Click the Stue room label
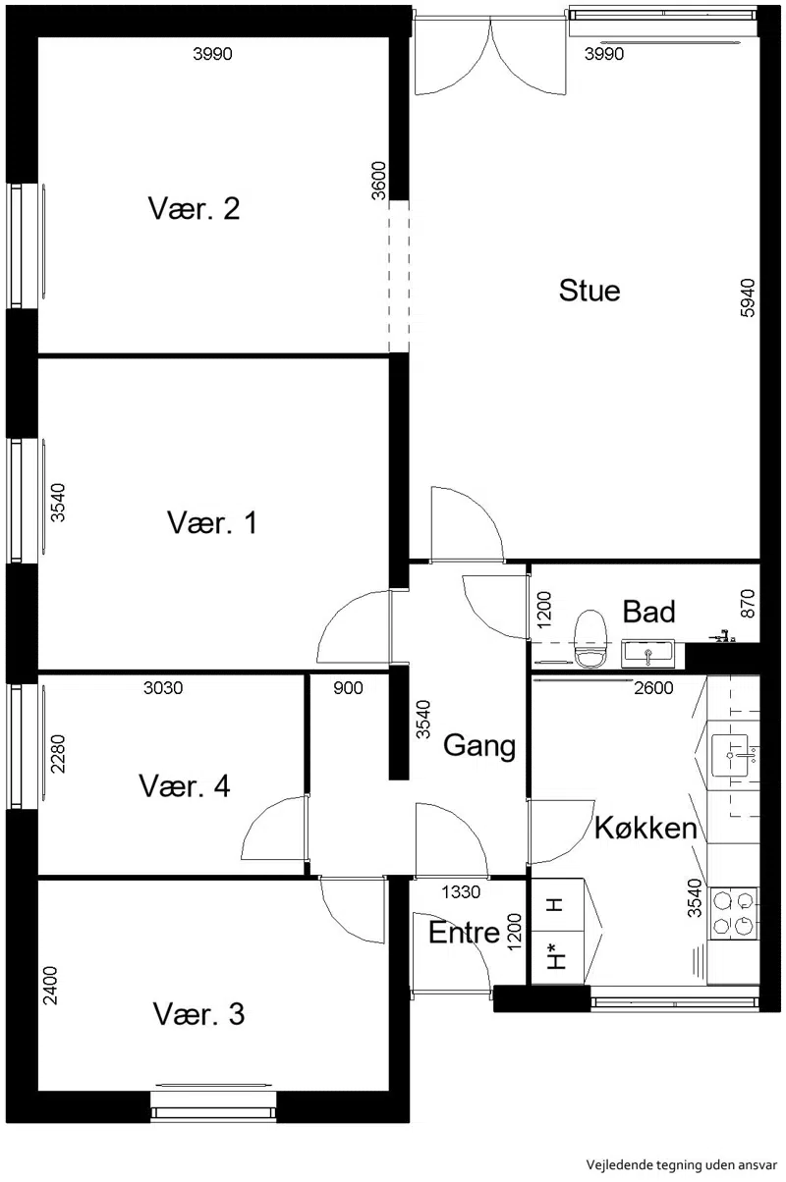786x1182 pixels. tap(589, 291)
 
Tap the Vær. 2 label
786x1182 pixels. tap(194, 208)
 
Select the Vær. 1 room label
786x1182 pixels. tap(212, 522)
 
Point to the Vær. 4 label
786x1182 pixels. tap(185, 785)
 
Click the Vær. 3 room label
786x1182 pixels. tap(199, 1014)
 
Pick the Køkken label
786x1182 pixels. tap(646, 828)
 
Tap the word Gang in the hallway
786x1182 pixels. tap(479, 746)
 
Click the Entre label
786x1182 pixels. tap(464, 933)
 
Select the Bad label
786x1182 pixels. tap(648, 612)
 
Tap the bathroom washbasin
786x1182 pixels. tap(647, 653)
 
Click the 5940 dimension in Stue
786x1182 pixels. tap(748, 297)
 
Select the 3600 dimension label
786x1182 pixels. tap(378, 181)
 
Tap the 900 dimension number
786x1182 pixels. tap(348, 688)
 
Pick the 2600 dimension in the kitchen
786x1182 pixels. tap(653, 688)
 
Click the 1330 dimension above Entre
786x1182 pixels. tap(461, 892)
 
